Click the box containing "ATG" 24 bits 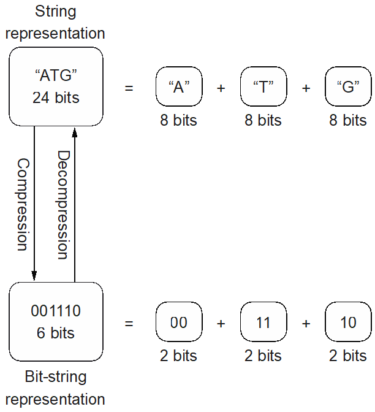(x=56, y=86)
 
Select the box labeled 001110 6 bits (x=56, y=322)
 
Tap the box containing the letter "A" (x=179, y=87)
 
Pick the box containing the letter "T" (x=263, y=87)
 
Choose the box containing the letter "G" (x=348, y=87)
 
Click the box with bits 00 (x=179, y=322)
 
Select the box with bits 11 (x=263, y=322)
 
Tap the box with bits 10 (x=348, y=322)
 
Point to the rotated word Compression (x=22, y=204)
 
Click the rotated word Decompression (x=64, y=204)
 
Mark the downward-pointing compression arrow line (x=34, y=202)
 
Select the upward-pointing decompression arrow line (x=74, y=202)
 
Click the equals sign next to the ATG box (x=129, y=88)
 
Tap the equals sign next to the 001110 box (x=129, y=322)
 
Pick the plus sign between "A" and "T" (x=221, y=88)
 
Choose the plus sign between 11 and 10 (x=306, y=322)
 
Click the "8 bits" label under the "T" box (x=263, y=120)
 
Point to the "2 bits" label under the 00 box (x=179, y=356)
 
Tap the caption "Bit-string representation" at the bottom (x=56, y=388)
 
